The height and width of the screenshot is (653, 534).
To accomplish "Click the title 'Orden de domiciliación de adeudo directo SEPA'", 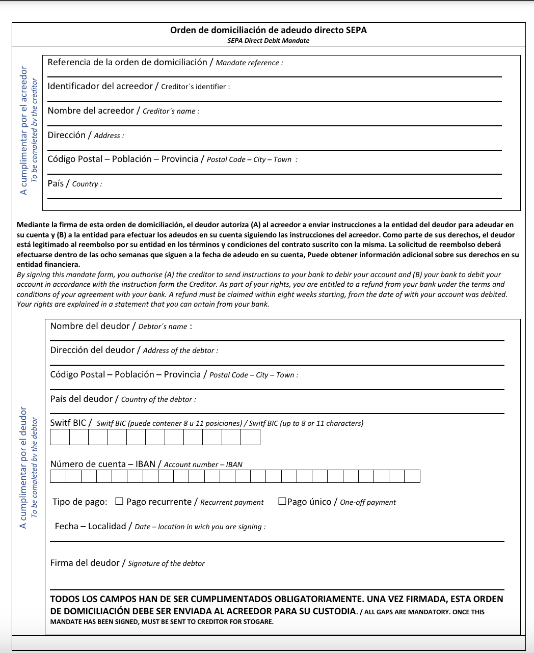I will tap(268, 30).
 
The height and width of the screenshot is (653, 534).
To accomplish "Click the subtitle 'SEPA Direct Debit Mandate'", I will tap(268, 41).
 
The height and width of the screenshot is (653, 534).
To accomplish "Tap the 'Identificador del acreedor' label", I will tap(100, 87).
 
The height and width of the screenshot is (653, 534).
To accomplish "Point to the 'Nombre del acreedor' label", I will tap(91, 111).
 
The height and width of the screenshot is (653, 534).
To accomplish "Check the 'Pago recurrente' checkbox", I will tap(119, 501).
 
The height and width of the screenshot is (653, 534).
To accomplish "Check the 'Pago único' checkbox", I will tap(282, 501).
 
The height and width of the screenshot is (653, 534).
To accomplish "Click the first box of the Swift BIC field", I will tap(60, 437).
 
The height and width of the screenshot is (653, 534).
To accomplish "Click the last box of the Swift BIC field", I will tap(250, 437).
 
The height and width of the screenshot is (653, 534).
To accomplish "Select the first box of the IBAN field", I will tap(58, 476).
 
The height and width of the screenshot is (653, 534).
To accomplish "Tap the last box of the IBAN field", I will tap(412, 476).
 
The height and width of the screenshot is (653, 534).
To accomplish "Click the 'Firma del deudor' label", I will tap(85, 563).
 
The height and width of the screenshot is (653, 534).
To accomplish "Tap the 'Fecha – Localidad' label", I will tap(90, 527).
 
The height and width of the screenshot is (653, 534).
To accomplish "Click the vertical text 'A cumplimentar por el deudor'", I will tap(23, 467).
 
